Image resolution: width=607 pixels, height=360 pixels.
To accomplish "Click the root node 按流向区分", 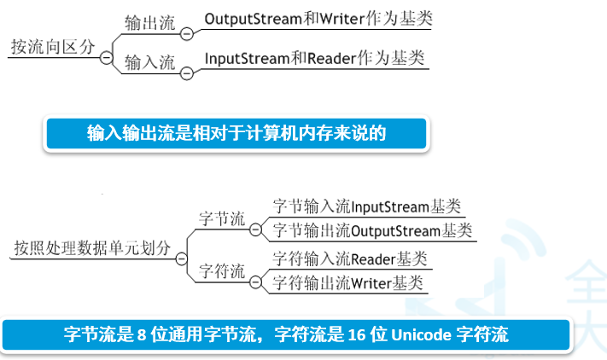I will pyautogui.click(x=52, y=47).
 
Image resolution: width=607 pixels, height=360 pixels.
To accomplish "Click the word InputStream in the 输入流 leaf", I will pyautogui.click(x=242, y=59).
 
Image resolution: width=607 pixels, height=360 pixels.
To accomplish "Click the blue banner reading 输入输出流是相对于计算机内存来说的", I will pyautogui.click(x=236, y=133).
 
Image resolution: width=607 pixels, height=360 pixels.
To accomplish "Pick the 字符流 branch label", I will pyautogui.click(x=222, y=271).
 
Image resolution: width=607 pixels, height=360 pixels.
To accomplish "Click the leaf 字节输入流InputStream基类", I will pyautogui.click(x=366, y=207).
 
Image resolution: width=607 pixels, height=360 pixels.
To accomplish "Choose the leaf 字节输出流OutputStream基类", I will pyautogui.click(x=371, y=231).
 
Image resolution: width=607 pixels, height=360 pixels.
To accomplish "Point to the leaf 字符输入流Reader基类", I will pyautogui.click(x=349, y=258).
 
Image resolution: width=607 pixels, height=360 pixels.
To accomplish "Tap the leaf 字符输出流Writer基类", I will pyautogui.click(x=349, y=282).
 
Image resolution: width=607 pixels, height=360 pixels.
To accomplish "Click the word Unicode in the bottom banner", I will pyautogui.click(x=423, y=334).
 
